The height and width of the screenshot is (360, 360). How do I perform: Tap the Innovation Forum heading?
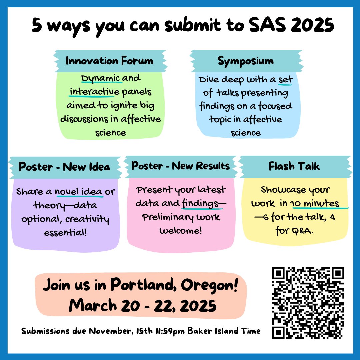[109, 61]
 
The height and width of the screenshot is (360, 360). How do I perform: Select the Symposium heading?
[246, 61]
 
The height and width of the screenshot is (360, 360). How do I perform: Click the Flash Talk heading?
[294, 167]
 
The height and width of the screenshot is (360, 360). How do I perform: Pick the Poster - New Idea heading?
[64, 167]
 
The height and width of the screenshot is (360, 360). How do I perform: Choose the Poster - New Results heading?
[180, 166]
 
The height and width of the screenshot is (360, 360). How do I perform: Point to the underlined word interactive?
[94, 92]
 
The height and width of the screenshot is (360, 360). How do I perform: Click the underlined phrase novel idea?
[79, 192]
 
